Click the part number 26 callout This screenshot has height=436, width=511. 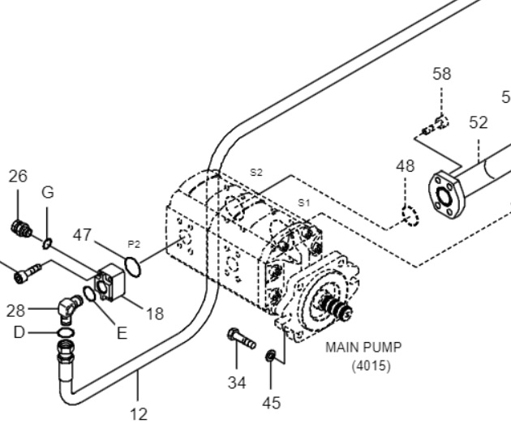tap(18, 176)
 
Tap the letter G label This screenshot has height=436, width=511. tap(48, 192)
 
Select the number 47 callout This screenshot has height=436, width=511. tap(82, 235)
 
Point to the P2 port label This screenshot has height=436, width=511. tap(134, 244)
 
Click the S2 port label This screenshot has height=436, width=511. tap(256, 173)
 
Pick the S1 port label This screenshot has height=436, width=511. tap(303, 203)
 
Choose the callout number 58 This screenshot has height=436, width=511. tap(442, 74)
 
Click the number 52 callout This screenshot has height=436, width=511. tap(479, 122)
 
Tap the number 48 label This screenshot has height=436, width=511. tap(406, 166)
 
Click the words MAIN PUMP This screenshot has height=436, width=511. tap(363, 348)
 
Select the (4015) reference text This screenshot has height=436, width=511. tap(371, 365)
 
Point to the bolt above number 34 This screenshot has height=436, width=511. tap(242, 339)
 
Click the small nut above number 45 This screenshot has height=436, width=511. tap(271, 355)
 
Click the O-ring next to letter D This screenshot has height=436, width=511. tap(66, 333)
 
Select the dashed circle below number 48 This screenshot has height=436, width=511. tap(410, 216)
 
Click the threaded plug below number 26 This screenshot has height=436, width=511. tap(21, 229)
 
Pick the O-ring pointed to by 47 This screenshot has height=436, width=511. tap(133, 267)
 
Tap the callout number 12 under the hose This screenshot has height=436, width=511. tap(139, 414)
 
